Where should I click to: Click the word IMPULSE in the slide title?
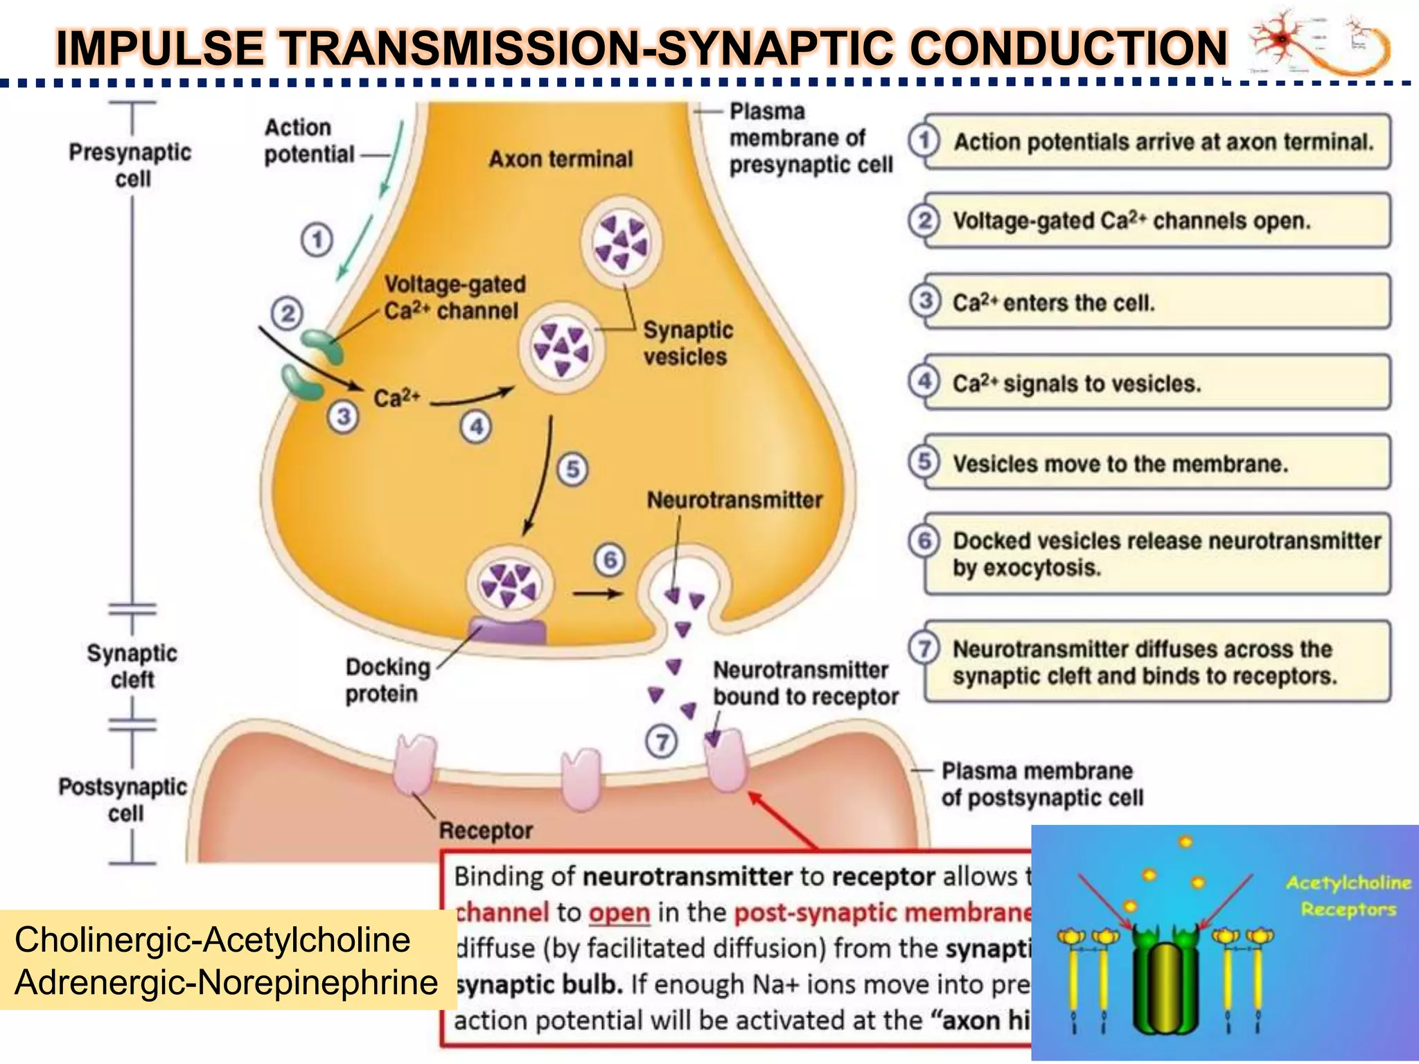point(160,48)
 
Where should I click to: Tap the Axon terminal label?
point(561,159)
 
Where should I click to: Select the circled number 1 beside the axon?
point(317,240)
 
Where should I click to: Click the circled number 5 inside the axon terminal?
point(572,469)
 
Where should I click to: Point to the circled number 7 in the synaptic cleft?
point(662,743)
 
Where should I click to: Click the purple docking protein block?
point(508,631)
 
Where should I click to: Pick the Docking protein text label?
point(387,680)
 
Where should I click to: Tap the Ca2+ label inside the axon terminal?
point(396,398)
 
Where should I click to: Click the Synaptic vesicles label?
point(687,343)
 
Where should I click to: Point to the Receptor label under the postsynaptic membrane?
point(486,830)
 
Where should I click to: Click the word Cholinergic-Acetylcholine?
point(212,939)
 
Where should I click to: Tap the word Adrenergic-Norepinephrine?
point(226,982)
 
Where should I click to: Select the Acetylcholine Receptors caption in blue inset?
point(1348,896)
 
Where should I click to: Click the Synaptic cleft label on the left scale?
point(132,666)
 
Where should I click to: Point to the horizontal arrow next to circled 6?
point(597,594)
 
